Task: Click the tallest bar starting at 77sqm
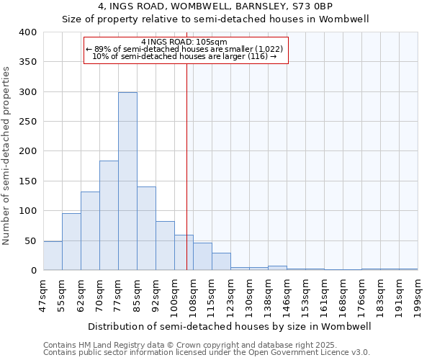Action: tap(127, 181)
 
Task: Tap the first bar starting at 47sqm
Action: tap(53, 256)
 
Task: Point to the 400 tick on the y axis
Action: tap(27, 32)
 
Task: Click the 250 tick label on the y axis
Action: tap(27, 122)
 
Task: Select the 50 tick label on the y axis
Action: tap(30, 240)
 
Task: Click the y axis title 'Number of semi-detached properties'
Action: tap(7, 156)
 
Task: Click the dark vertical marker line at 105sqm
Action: tap(186, 166)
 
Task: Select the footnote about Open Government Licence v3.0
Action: tap(207, 353)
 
